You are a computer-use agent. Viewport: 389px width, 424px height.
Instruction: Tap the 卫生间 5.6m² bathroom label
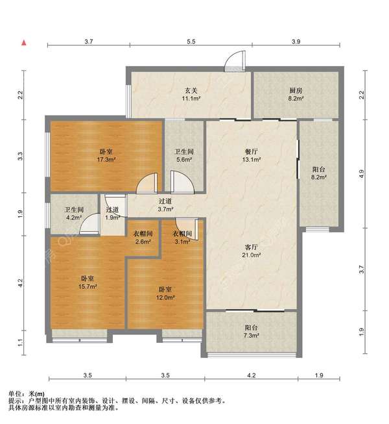click(x=184, y=155)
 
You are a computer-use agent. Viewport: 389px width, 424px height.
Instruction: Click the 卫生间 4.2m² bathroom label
click(x=72, y=214)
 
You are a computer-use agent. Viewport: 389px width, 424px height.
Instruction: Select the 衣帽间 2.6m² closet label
click(x=143, y=238)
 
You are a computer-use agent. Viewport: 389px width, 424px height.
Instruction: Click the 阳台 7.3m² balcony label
click(x=252, y=332)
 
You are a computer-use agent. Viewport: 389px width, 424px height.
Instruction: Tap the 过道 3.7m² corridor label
click(x=165, y=205)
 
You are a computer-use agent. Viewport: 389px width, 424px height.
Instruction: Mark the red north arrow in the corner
click(x=24, y=43)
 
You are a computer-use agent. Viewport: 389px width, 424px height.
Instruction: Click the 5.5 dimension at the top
click(x=191, y=41)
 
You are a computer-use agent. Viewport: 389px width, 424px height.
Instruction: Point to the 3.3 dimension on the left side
click(x=21, y=156)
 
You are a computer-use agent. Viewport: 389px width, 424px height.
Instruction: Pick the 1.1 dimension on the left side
click(x=21, y=342)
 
